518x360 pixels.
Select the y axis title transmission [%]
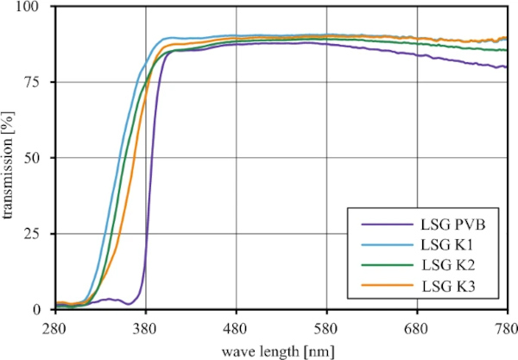click(11, 158)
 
